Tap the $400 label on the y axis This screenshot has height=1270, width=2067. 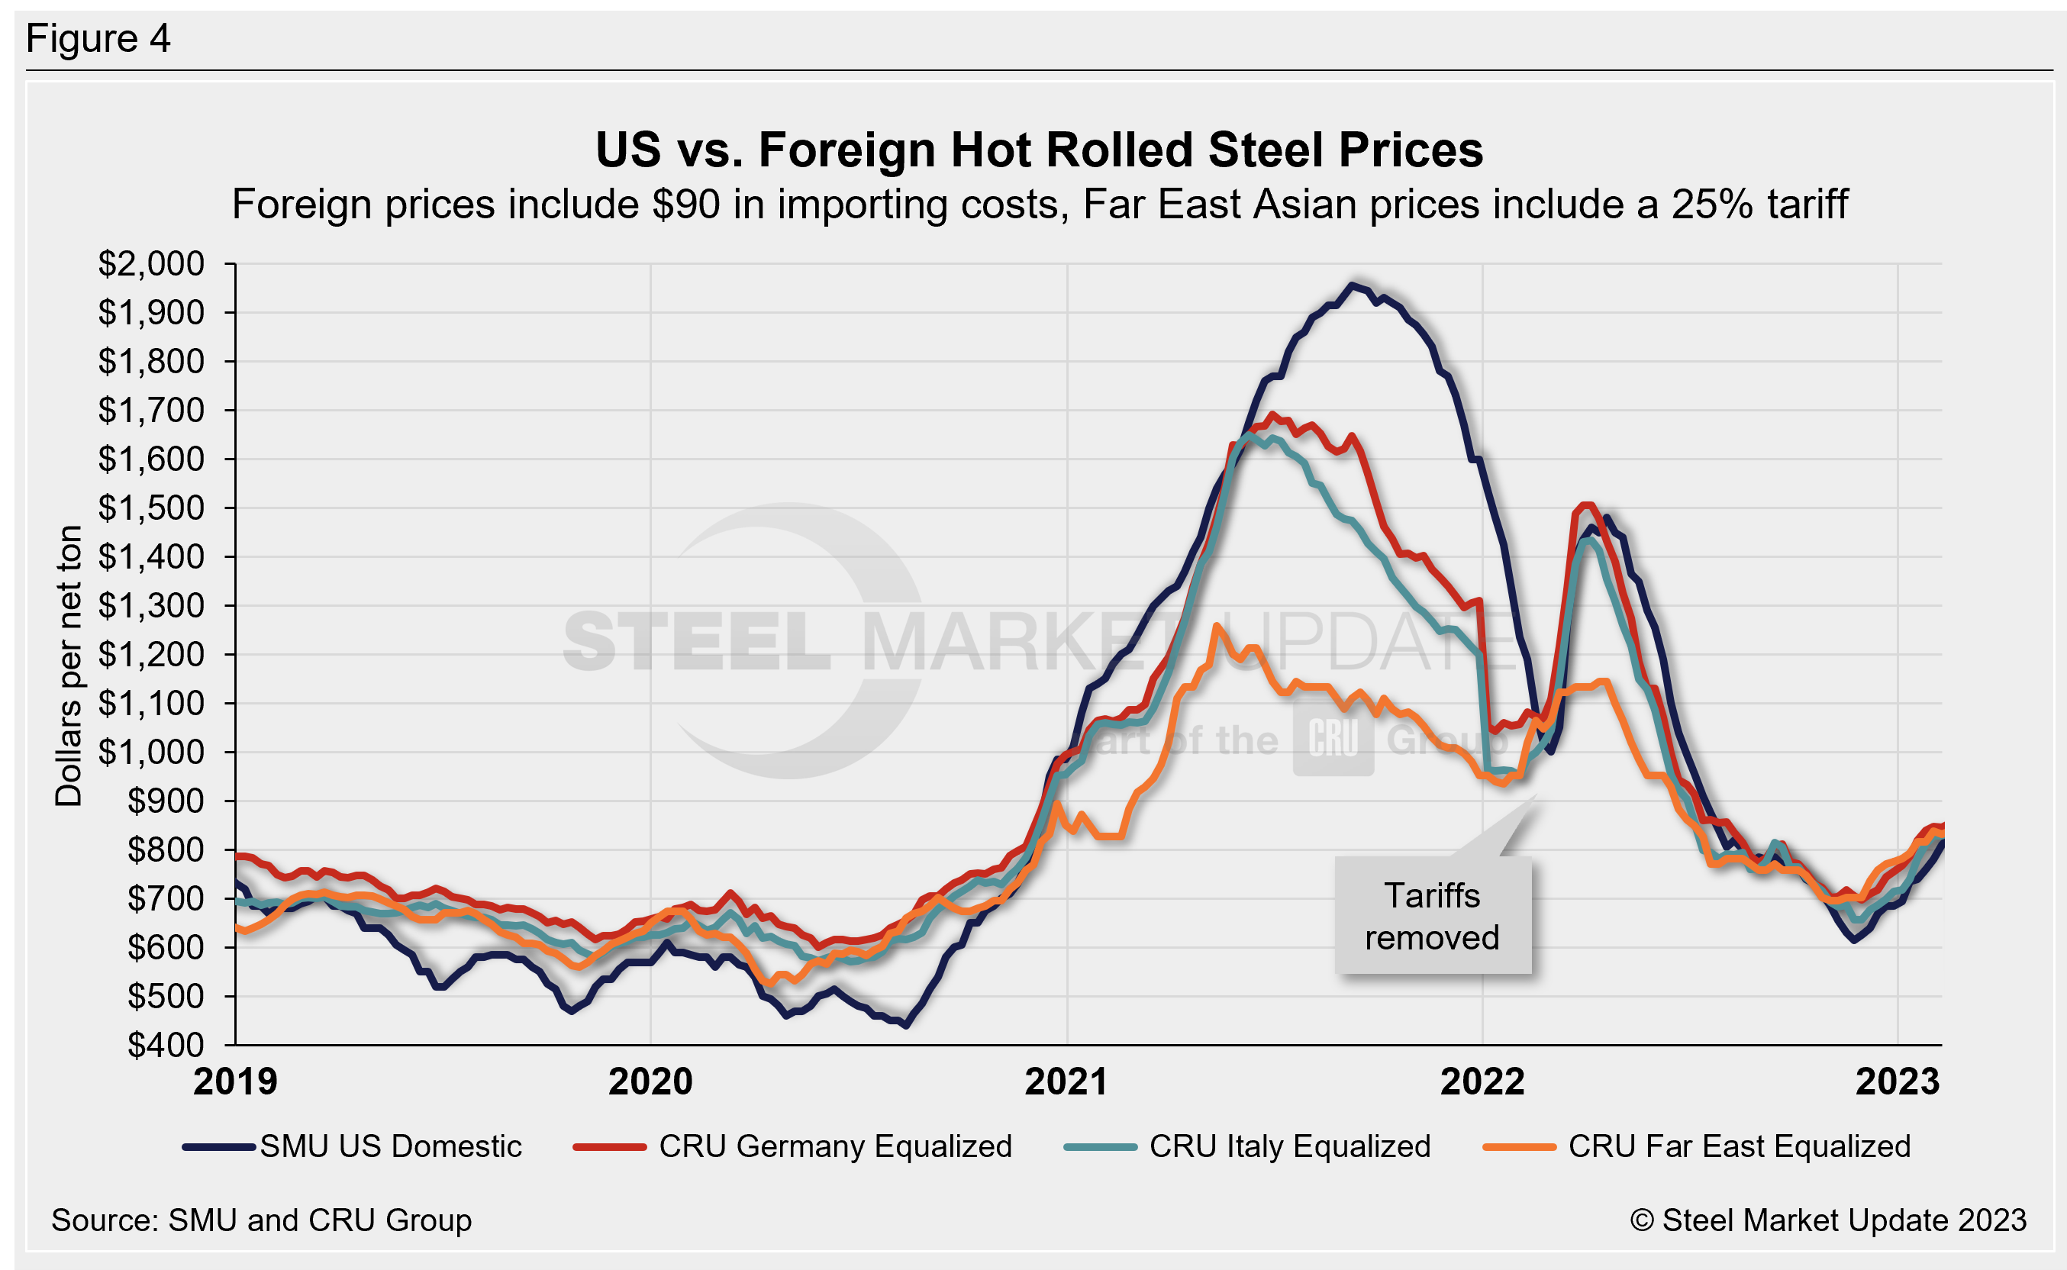tap(165, 1045)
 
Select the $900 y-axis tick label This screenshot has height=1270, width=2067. tap(165, 801)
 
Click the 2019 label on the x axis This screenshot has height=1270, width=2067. tap(235, 1081)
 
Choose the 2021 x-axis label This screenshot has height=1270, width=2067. tap(1066, 1081)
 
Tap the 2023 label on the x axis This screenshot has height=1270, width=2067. tap(1898, 1081)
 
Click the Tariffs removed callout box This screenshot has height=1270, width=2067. tap(1432, 917)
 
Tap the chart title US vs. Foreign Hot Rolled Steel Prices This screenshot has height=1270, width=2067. tap(1039, 150)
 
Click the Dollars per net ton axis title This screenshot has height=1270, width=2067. tap(69, 666)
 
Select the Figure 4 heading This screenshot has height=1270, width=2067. tap(98, 39)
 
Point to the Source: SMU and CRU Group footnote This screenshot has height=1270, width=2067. tap(261, 1220)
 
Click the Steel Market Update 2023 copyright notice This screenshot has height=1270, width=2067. tap(1827, 1220)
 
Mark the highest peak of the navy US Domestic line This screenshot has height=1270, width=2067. tap(1353, 285)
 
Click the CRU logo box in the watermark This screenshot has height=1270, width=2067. tap(1333, 739)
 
